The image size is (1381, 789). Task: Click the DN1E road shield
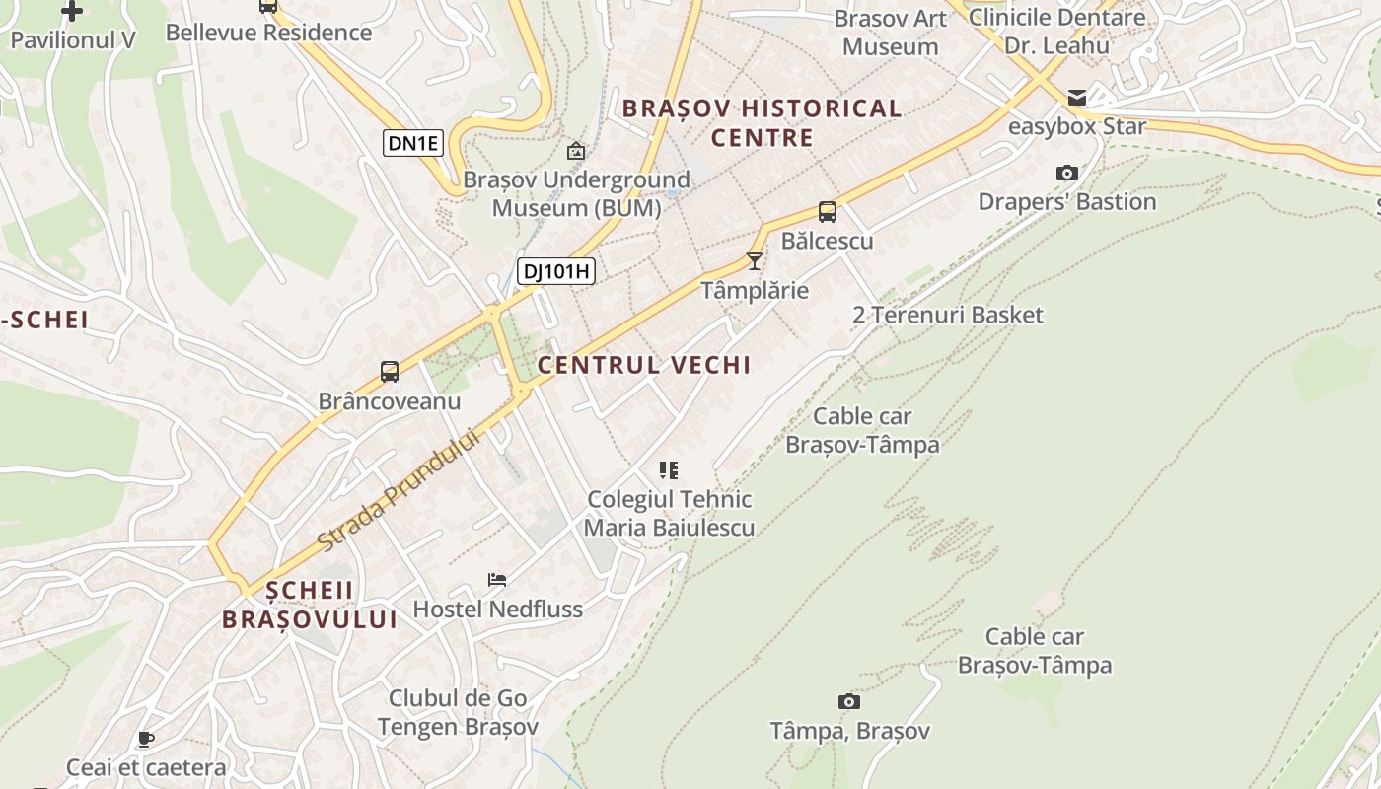tap(412, 143)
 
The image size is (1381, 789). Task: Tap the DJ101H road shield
tap(557, 271)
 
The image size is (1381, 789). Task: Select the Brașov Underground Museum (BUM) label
tap(576, 194)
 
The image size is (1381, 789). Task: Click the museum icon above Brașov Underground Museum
tap(576, 151)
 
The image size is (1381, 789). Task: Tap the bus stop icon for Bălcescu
tap(827, 211)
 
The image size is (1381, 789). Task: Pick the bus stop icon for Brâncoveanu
tap(390, 372)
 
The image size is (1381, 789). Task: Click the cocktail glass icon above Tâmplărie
tap(755, 261)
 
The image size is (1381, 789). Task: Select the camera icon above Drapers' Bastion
tap(1066, 174)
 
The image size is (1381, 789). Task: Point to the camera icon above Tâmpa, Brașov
tap(849, 702)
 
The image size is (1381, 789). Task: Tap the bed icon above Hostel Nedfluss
tap(497, 580)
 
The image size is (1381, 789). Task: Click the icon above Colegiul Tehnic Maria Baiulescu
tap(669, 470)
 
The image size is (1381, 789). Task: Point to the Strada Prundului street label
tap(399, 490)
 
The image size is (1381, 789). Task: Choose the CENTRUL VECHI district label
tap(644, 365)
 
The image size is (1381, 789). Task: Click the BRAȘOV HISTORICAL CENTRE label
tap(763, 123)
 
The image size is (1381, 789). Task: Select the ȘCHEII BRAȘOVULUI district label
tap(310, 605)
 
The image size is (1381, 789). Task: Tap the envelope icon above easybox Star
tap(1076, 98)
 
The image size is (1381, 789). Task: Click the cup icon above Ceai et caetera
tap(146, 739)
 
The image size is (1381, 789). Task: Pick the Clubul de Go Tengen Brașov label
tap(458, 712)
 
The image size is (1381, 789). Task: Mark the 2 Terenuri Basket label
tap(947, 315)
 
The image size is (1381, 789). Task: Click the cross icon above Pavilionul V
tap(72, 11)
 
